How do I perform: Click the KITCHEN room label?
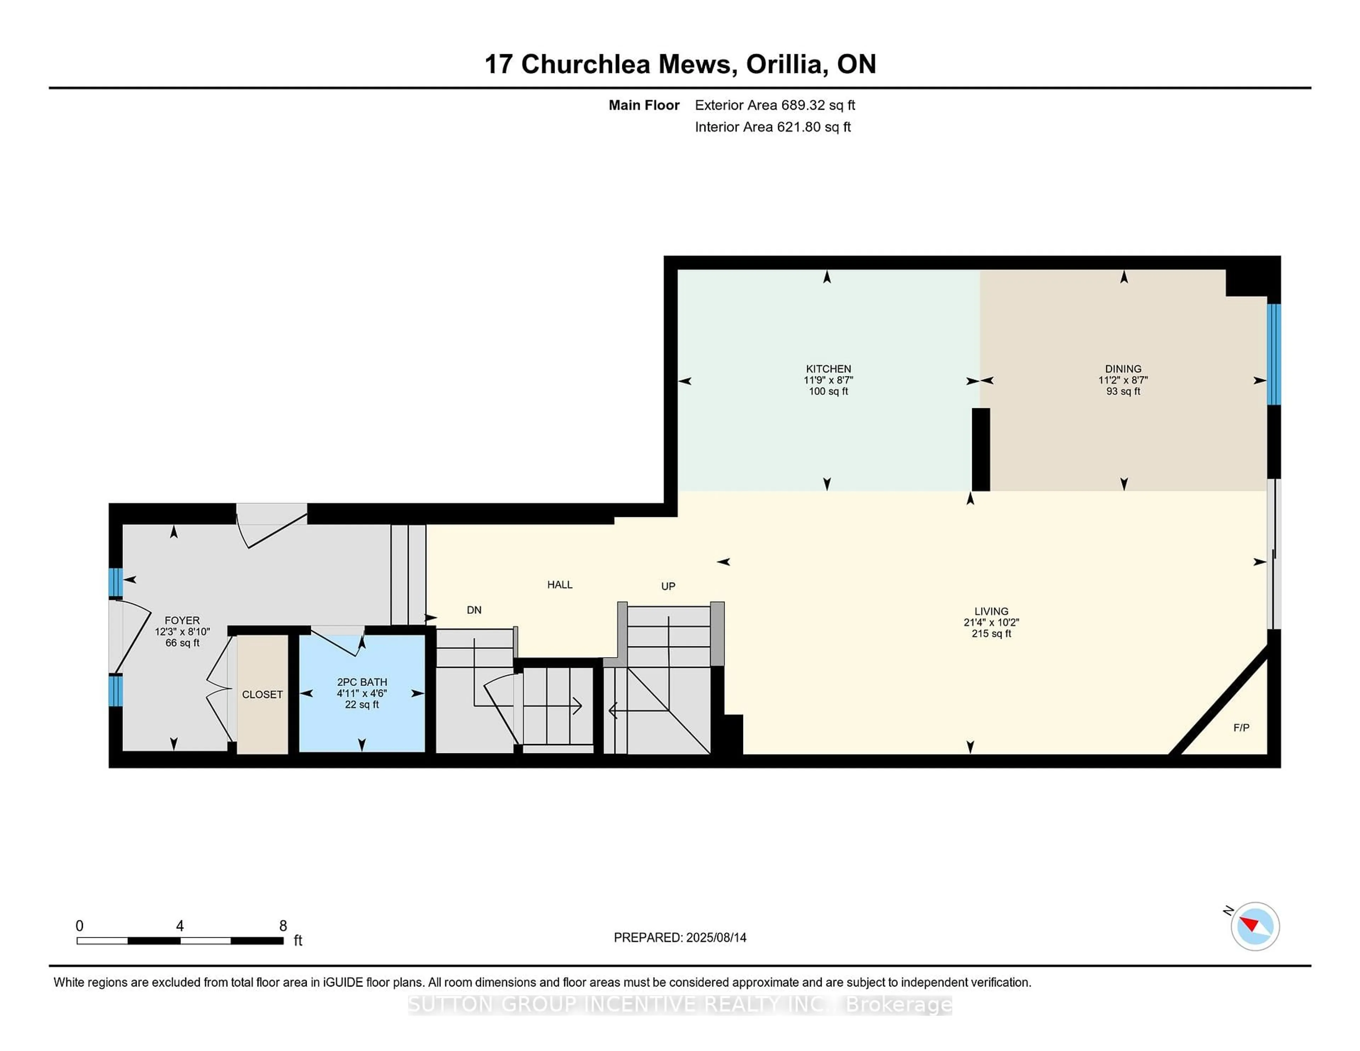(828, 369)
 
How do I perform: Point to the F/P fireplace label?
(1241, 727)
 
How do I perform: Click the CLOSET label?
(262, 694)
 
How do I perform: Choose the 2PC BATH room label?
(362, 682)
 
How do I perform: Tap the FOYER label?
(182, 620)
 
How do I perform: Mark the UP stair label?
(668, 586)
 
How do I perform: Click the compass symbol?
(1255, 926)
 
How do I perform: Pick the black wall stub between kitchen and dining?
(981, 449)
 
